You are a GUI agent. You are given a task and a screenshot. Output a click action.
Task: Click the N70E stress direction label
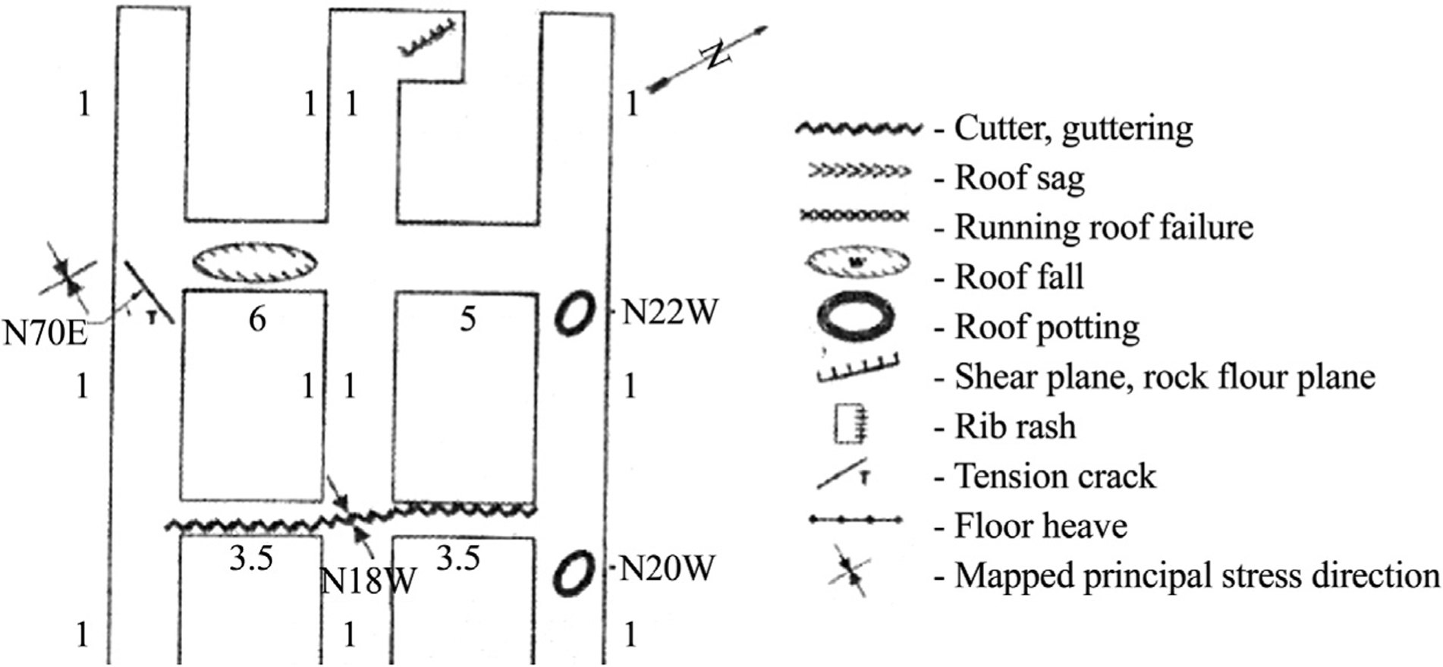[x=46, y=332]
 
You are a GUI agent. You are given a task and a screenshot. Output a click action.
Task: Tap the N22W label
[x=669, y=312]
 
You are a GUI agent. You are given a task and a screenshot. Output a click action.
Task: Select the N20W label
[x=668, y=568]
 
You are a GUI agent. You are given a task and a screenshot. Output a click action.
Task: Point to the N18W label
[x=369, y=581]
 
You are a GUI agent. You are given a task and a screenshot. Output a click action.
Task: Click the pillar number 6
[x=257, y=319]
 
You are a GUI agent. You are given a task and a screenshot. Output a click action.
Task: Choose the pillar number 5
[x=468, y=319]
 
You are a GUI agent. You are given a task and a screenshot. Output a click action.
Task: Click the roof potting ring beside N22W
[x=574, y=313]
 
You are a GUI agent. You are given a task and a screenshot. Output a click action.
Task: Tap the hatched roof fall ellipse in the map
[x=255, y=263]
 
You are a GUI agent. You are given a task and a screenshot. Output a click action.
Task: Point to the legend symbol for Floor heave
[x=857, y=520]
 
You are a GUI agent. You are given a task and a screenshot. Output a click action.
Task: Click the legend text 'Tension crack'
[x=1055, y=477]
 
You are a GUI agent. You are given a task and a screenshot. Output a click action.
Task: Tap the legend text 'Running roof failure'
[x=1104, y=227]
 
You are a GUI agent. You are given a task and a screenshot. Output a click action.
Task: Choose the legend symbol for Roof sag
[x=858, y=171]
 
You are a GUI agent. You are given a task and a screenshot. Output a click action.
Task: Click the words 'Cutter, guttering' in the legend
[x=1074, y=128]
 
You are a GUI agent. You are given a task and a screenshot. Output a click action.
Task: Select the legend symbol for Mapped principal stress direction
[x=850, y=570]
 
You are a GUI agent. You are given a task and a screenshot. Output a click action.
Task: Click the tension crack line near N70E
[x=149, y=293]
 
